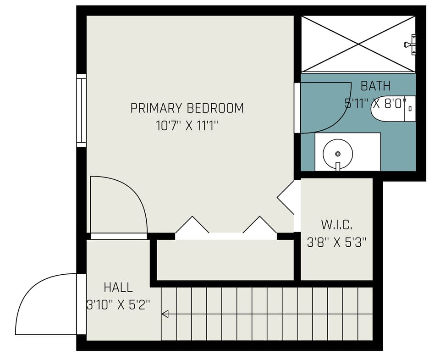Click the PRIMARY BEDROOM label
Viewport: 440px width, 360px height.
coord(187,108)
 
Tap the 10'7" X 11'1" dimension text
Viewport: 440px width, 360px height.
coord(187,126)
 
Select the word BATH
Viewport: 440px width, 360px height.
coord(375,86)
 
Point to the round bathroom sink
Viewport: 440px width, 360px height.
coord(338,154)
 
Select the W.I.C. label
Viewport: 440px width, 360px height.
coord(336,225)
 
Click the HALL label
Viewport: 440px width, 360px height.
coord(118,288)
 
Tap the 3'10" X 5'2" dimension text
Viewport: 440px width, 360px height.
coord(118,305)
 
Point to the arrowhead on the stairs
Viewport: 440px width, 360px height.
coord(165,314)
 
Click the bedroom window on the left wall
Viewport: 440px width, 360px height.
coord(81,111)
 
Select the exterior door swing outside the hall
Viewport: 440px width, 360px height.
coord(46,305)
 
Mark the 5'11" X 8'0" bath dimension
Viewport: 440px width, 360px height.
coord(375,103)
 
